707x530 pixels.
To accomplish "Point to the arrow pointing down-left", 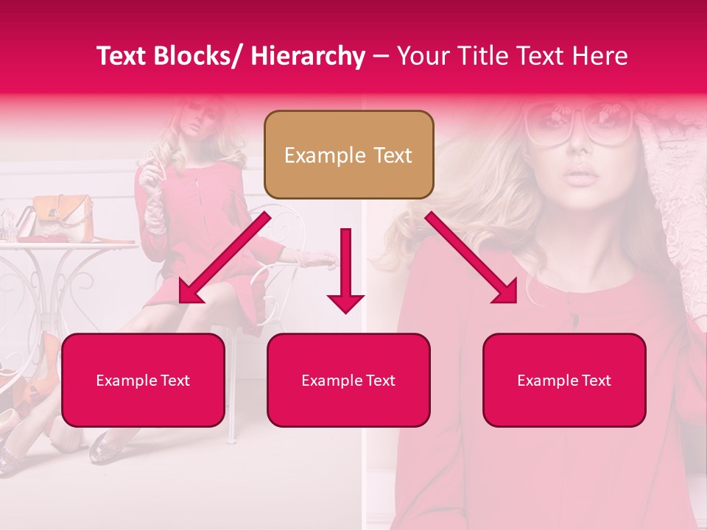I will click(x=225, y=258).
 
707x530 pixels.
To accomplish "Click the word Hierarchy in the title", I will click(x=308, y=57).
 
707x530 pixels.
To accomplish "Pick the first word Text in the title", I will click(x=124, y=56).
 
